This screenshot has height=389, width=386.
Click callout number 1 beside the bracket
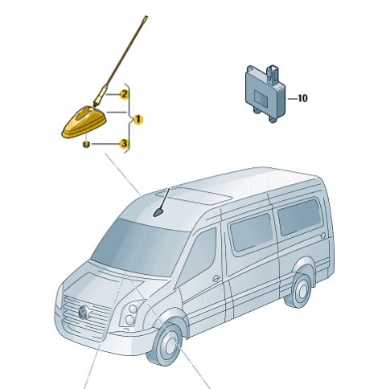click(138, 120)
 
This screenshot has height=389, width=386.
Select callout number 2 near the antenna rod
click(124, 94)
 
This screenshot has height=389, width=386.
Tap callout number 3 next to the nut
click(124, 144)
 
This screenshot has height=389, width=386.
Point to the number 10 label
click(302, 99)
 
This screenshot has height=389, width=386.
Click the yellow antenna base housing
click(84, 122)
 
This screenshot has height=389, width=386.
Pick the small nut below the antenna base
click(86, 145)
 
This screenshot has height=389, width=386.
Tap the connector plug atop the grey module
click(273, 72)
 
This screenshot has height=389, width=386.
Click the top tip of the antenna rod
click(146, 18)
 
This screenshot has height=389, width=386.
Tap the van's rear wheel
click(300, 289)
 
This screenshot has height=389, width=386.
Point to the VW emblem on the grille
click(84, 313)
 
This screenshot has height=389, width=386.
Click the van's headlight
click(129, 314)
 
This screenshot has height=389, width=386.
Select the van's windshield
click(139, 248)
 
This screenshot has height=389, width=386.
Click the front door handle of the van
click(216, 279)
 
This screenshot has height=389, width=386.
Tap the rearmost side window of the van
click(299, 216)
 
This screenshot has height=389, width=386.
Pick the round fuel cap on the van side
click(323, 235)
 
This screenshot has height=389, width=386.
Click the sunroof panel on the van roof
click(194, 195)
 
